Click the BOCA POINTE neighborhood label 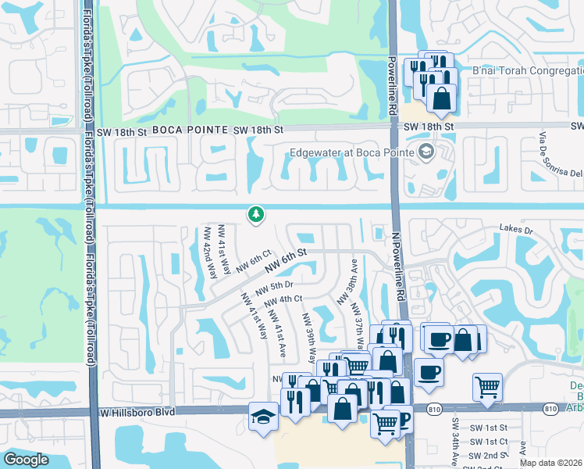[191, 130]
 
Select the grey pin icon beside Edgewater [426, 152]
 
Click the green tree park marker [254, 214]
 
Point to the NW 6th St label [287, 256]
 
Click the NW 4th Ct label [283, 302]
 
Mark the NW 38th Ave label [347, 283]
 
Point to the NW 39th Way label [309, 338]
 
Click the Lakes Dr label [516, 231]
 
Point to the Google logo [27, 459]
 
